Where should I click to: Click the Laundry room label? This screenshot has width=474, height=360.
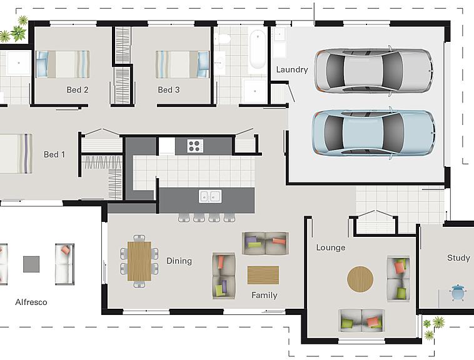(291, 70)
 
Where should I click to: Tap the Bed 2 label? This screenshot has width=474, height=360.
(78, 90)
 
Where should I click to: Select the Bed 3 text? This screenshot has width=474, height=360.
(169, 90)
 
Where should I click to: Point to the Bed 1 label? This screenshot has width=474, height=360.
(54, 154)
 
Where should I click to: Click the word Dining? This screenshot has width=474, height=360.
(179, 261)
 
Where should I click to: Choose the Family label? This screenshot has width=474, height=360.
(265, 295)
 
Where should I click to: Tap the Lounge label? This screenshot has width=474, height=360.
(331, 247)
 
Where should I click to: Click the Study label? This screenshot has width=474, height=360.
(458, 258)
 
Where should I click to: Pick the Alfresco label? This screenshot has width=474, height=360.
(31, 302)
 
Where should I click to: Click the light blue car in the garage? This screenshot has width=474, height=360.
(374, 133)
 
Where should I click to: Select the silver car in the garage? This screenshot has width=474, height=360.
(374, 71)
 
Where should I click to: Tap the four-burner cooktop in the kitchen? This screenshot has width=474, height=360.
(195, 146)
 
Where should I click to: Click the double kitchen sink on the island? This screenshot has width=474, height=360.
(210, 196)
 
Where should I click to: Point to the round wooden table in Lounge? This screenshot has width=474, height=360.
(360, 279)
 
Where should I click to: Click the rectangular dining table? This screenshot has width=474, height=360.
(139, 261)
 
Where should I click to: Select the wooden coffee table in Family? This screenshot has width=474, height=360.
(263, 275)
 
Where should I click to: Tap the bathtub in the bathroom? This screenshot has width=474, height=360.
(258, 50)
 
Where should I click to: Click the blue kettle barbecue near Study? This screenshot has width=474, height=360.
(458, 292)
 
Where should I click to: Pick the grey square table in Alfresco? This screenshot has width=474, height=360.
(31, 264)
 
